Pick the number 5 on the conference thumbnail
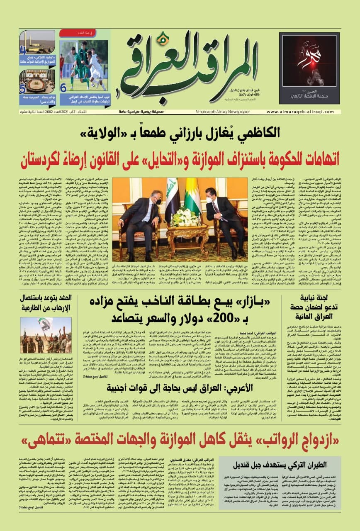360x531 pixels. [23, 88]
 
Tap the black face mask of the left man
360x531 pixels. [158, 201]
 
